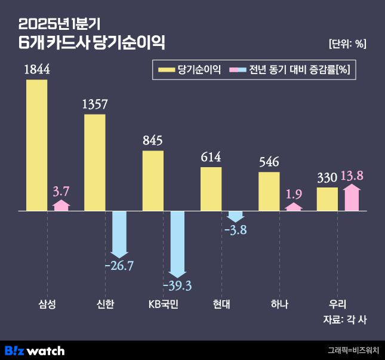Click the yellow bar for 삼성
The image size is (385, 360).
[x=36, y=145]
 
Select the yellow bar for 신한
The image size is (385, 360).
[x=94, y=162]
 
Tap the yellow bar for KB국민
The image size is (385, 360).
[x=153, y=180]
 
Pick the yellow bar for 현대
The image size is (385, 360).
[x=211, y=189]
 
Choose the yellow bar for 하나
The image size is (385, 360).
[x=269, y=191]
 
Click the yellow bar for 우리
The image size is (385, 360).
[x=327, y=199]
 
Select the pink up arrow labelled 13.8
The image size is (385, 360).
[x=352, y=198]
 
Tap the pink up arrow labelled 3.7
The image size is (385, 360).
[x=61, y=205]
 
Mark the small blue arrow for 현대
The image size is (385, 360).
[x=236, y=216]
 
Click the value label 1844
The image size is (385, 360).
[x=36, y=70]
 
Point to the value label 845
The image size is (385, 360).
[x=153, y=141]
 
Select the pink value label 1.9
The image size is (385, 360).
[x=294, y=194]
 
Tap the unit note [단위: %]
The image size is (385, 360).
[x=347, y=43]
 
